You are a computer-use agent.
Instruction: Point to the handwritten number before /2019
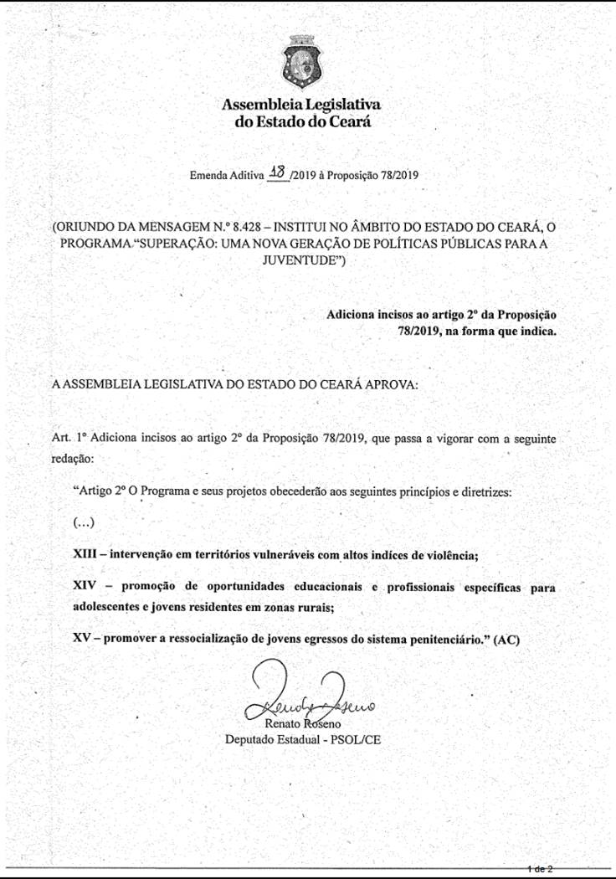pos(275,173)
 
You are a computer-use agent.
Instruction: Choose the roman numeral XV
pos(82,640)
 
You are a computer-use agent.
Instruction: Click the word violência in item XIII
pos(452,555)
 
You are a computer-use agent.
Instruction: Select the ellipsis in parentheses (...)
pos(84,523)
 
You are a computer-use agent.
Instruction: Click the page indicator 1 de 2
pos(541,870)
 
